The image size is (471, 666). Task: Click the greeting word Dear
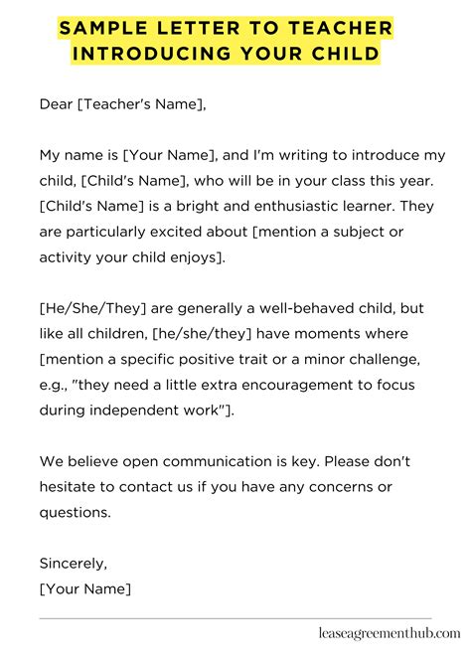coord(57,105)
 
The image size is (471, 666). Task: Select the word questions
coord(76,513)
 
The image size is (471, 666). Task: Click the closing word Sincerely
coord(74,564)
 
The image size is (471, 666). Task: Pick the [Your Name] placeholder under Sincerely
coord(85,589)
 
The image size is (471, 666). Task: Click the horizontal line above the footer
coord(235,618)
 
